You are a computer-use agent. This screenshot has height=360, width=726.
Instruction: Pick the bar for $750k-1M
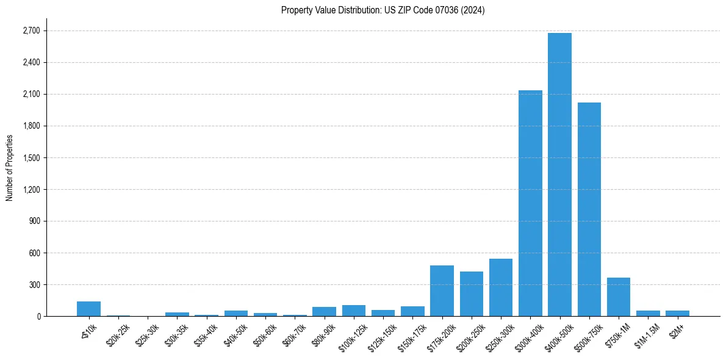[619, 297]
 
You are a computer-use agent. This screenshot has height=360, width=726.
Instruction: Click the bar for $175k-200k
[442, 291]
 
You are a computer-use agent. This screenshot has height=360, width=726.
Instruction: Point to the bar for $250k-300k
[501, 287]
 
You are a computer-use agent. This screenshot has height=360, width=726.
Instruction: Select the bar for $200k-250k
[472, 294]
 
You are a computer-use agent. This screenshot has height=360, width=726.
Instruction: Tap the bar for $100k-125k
[354, 311]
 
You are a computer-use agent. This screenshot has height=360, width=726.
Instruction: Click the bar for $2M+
[677, 314]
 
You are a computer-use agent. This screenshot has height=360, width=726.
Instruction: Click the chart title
[383, 10]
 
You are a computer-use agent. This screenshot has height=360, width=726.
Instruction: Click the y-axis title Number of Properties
[10, 167]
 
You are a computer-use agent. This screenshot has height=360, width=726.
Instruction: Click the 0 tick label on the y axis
[38, 316]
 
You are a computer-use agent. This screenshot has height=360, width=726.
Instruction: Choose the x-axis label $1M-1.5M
[645, 334]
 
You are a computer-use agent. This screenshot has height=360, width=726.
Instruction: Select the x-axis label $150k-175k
[411, 335]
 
